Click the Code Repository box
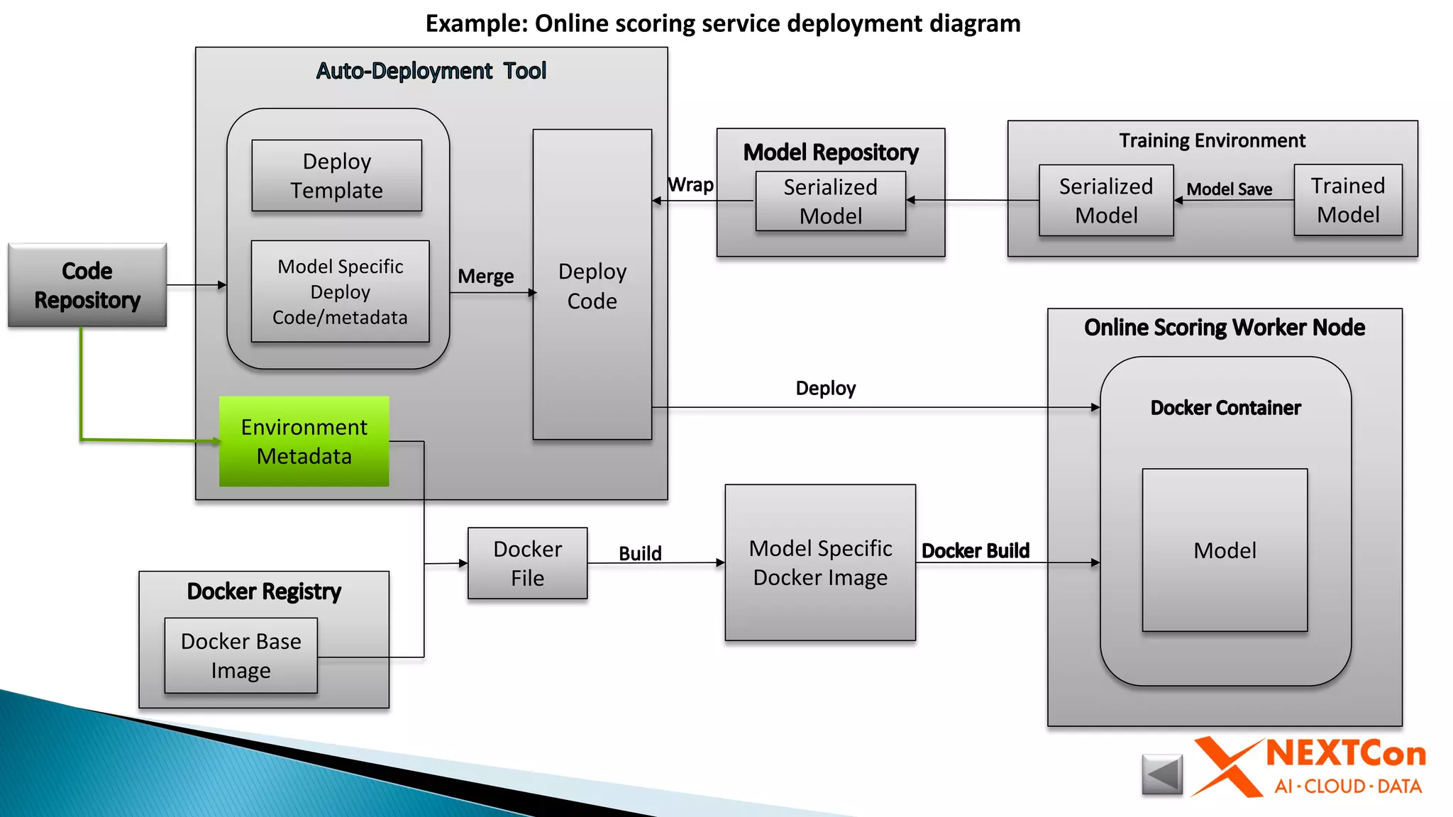[x=87, y=285]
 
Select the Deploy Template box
[x=336, y=176]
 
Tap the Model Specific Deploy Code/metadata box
[x=340, y=291]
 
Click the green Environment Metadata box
[x=304, y=441]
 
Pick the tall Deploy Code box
[x=592, y=285]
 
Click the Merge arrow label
[x=485, y=276]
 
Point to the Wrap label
[x=690, y=184]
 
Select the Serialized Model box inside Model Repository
[x=830, y=201]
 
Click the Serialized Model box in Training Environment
[x=1105, y=201]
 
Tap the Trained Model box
[x=1347, y=200]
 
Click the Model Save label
[x=1229, y=189]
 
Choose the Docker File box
[x=527, y=563]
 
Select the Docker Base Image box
[x=241, y=655]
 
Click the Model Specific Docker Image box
[x=820, y=562]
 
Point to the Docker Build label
[x=975, y=550]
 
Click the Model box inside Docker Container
[x=1225, y=550]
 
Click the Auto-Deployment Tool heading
[x=431, y=71]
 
